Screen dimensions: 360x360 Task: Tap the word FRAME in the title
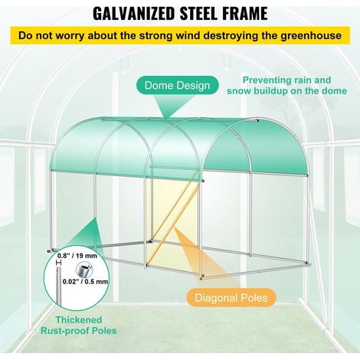click(x=244, y=14)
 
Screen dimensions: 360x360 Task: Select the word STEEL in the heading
click(x=200, y=14)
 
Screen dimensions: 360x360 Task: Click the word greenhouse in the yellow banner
click(x=311, y=36)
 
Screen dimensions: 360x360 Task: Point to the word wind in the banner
click(x=188, y=35)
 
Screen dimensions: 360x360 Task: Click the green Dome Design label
click(x=178, y=85)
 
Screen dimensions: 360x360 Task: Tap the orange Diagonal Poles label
click(x=231, y=298)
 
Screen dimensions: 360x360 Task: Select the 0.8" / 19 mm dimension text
click(x=77, y=256)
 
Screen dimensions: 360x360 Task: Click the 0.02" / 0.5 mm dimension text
click(x=85, y=281)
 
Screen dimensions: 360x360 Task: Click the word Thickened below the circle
click(x=79, y=319)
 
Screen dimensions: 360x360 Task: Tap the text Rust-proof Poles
click(x=79, y=331)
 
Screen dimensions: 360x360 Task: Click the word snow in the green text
click(x=239, y=91)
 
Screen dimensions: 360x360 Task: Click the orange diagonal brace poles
click(x=175, y=220)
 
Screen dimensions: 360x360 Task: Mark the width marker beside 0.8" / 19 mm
click(x=59, y=263)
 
